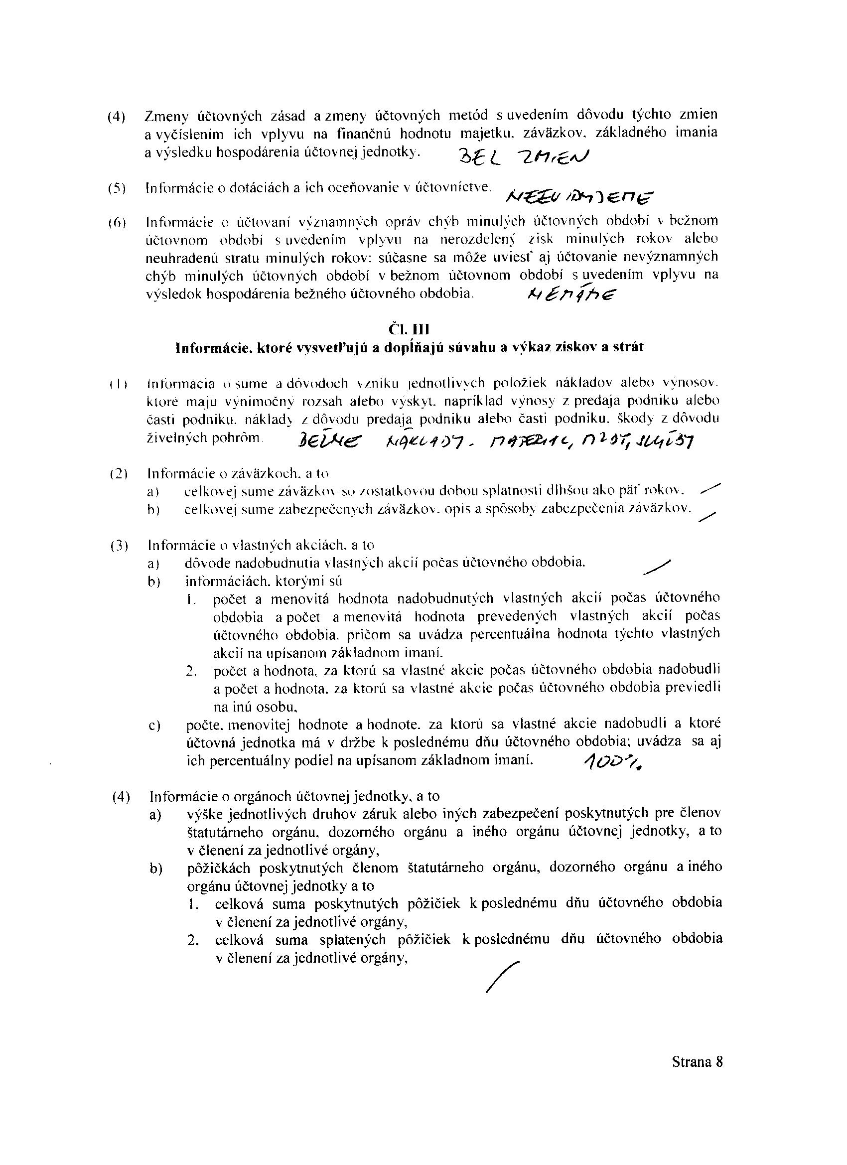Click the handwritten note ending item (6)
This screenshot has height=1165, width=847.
[x=572, y=295]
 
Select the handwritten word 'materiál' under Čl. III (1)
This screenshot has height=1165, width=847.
[x=521, y=440]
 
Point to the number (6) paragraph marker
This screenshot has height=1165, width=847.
[x=117, y=223]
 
